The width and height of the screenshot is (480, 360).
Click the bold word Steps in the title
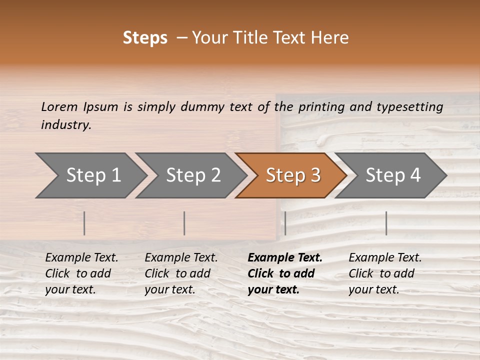[145, 38]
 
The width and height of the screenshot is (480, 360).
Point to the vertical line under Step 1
[84, 223]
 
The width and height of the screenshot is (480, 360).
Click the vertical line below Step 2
[184, 223]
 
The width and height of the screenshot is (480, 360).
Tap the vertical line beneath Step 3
[285, 223]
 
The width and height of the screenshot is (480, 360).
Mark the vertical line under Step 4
[386, 223]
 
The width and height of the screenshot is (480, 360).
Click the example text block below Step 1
[81, 273]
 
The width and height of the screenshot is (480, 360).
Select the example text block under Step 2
[181, 273]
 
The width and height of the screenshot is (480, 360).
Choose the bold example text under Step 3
[285, 273]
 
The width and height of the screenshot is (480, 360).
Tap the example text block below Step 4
[385, 273]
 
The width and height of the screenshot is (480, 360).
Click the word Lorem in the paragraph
[59, 107]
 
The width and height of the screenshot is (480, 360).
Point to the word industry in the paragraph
[66, 125]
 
